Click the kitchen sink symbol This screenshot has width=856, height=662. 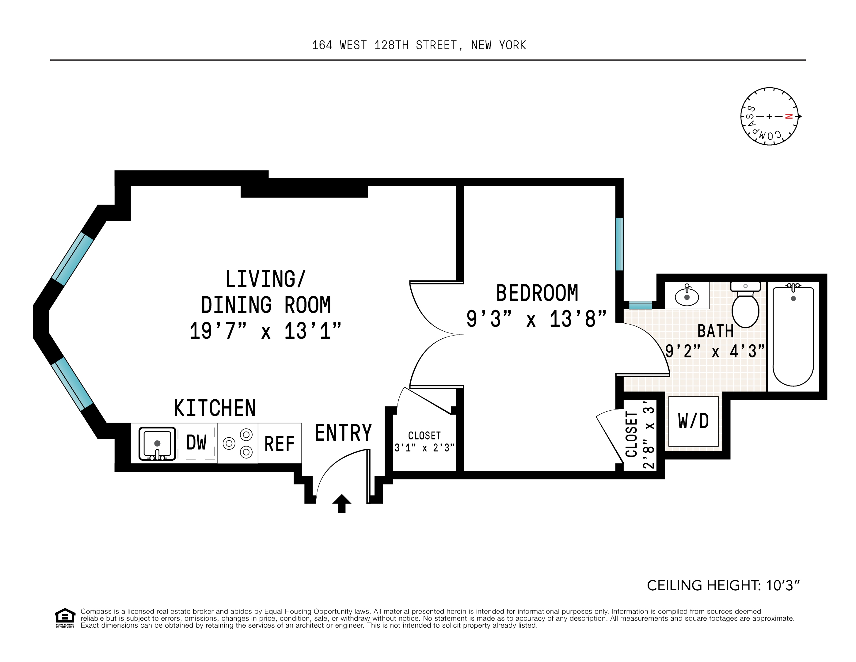[157, 443]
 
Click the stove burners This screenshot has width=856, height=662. [238, 443]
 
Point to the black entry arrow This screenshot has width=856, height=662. [341, 503]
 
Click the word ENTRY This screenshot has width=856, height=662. [343, 433]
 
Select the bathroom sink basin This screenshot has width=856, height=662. [687, 297]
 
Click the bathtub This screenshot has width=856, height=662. [793, 336]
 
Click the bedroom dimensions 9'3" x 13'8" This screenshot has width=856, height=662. [536, 319]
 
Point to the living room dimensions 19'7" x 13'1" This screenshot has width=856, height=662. [265, 331]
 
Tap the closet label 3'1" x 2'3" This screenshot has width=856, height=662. [424, 447]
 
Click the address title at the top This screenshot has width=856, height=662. [419, 45]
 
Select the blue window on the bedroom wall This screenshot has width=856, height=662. [619, 244]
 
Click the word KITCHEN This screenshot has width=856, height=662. [215, 409]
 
